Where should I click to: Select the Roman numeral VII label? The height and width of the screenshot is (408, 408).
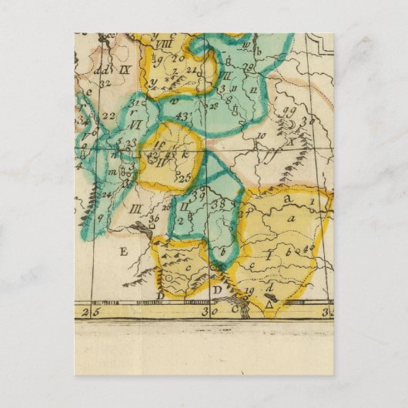pyautogui.click(x=226, y=76)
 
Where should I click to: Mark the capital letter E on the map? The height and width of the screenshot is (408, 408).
pyautogui.click(x=120, y=251)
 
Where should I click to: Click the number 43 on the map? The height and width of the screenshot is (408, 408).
pyautogui.click(x=182, y=116)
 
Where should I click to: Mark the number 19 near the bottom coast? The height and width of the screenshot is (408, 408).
pyautogui.click(x=249, y=290)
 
